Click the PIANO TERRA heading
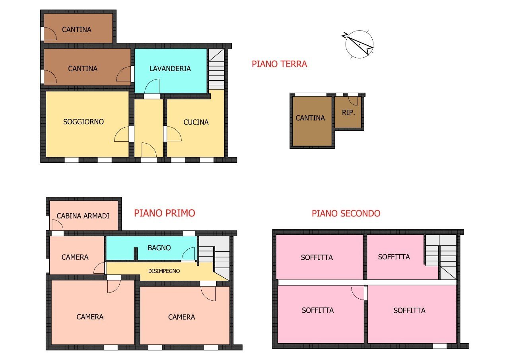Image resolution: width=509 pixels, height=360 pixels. point(279,64)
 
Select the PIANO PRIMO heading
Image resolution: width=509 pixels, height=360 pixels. point(164,213)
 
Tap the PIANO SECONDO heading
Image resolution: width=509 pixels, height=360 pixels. point(346,214)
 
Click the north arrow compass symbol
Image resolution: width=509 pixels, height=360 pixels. point(359,44)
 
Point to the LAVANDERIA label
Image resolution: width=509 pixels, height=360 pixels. point(170,69)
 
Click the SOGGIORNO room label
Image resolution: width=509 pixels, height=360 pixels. point(84,122)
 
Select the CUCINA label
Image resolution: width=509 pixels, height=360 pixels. point(196,122)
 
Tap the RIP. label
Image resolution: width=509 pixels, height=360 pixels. point(348,113)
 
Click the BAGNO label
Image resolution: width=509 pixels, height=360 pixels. point(159,248)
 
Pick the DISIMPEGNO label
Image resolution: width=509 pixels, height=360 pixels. point(164,271)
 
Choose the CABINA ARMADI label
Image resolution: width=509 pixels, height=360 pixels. point(83,216)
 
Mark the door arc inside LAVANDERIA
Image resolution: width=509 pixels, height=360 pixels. point(152,86)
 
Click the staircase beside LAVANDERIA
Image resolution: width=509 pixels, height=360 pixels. point(216,70)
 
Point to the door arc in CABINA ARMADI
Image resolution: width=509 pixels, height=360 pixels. point(57,225)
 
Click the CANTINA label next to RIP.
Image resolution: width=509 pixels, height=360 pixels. point(310,118)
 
